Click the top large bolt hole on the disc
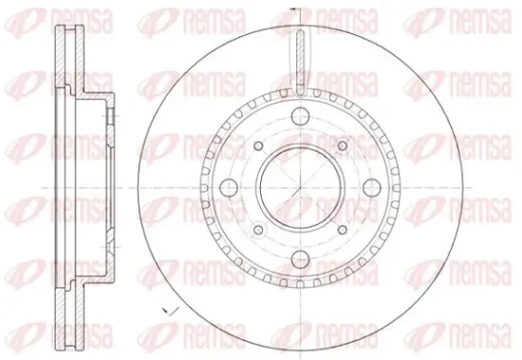pos(300,116)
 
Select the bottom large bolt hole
pos(300,260)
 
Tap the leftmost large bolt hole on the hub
pos(229,188)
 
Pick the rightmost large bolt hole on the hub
pos(372,188)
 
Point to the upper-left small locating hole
pos(258,145)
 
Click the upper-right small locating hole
pos(343,145)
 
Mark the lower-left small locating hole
pos(258,230)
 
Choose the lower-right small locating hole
pos(343,230)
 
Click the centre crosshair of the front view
pos(300,188)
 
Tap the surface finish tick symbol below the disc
pos(171,311)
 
